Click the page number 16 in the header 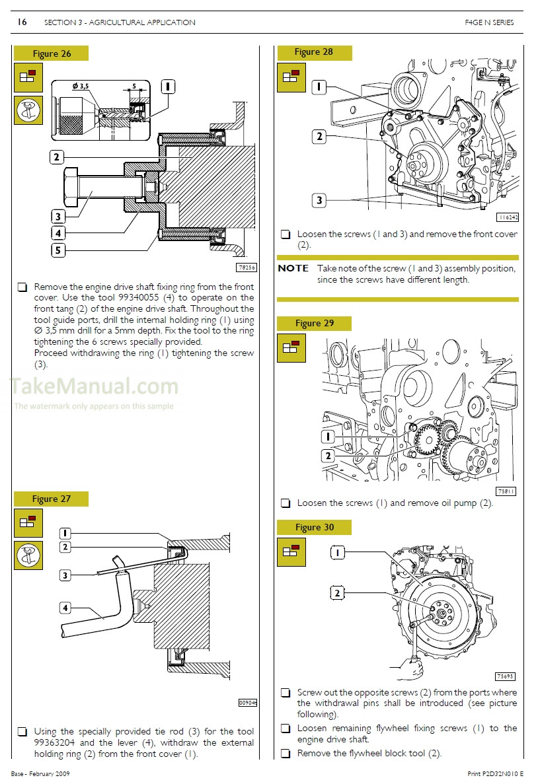tap(22, 22)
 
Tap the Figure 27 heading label tap(52, 499)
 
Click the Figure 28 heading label tap(314, 52)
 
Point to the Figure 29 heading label tap(315, 323)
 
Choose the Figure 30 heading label tap(315, 527)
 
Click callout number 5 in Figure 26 tap(58, 250)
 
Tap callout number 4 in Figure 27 tap(65, 607)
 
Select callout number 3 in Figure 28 tap(319, 200)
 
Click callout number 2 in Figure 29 tap(328, 456)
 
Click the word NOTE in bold tap(293, 268)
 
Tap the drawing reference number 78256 tap(245, 267)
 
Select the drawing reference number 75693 tap(505, 676)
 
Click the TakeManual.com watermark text tap(95, 386)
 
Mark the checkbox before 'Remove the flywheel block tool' tap(285, 754)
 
